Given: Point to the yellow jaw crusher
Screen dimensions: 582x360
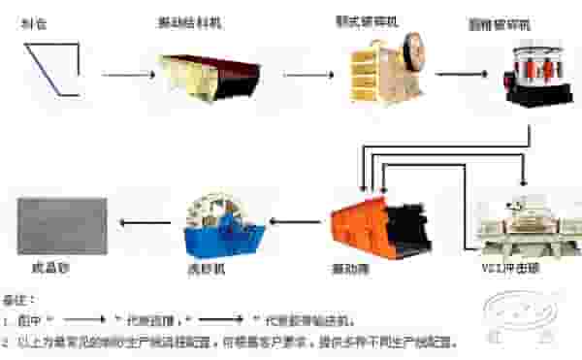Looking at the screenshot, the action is tap(387, 69).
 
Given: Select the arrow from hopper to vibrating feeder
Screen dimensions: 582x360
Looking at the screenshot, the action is tap(127, 74).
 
